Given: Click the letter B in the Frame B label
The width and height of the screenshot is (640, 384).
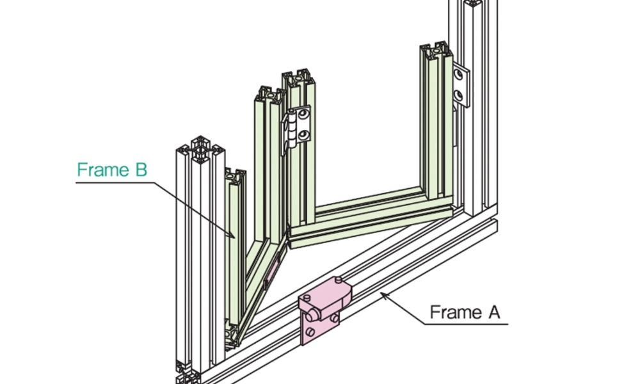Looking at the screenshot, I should [140, 170].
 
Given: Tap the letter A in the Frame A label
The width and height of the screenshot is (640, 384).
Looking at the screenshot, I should [493, 312].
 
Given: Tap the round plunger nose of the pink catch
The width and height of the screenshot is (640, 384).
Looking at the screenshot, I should [312, 314].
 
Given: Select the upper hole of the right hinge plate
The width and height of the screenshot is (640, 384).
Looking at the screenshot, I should [459, 75].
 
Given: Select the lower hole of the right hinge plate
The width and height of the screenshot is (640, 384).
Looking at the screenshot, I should [459, 96].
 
